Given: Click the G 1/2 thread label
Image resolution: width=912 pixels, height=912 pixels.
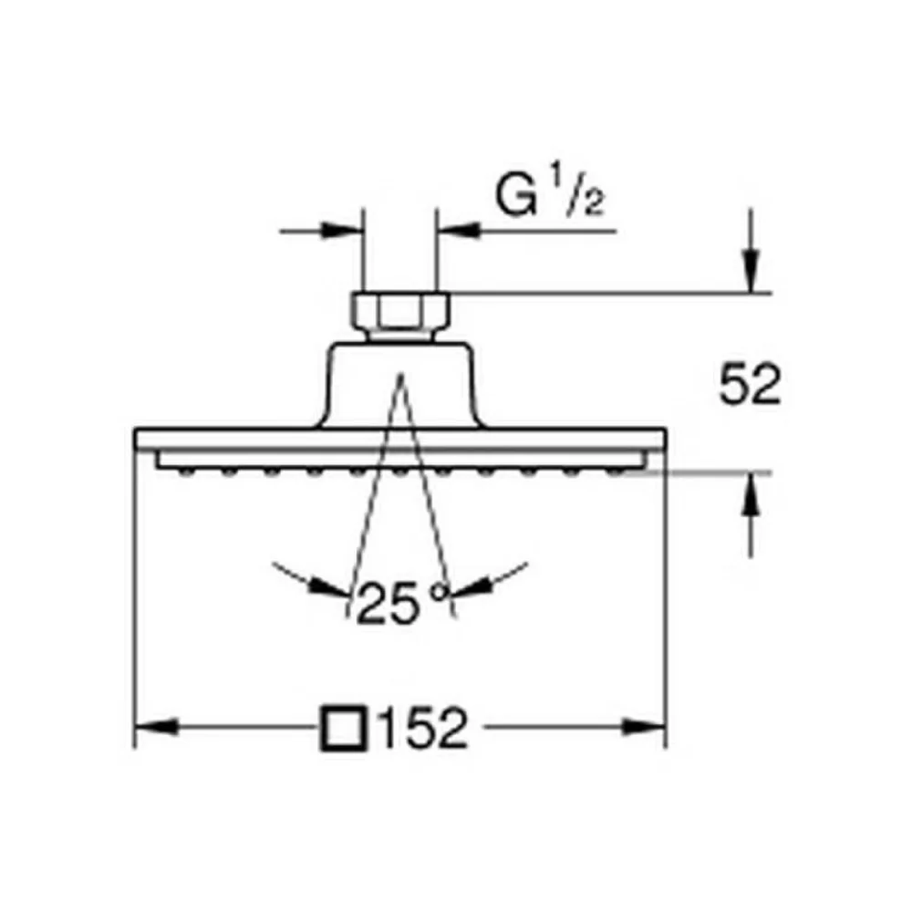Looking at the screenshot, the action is click(549, 195).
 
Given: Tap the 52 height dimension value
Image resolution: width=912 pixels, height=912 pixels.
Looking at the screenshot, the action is click(750, 384).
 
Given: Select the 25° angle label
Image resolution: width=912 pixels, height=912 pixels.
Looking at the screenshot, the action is click(402, 601).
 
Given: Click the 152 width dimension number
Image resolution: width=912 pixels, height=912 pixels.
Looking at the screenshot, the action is click(423, 728).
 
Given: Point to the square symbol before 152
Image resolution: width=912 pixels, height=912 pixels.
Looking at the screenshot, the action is click(345, 728).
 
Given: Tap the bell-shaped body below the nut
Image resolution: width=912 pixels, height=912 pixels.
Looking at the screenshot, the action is click(399, 385).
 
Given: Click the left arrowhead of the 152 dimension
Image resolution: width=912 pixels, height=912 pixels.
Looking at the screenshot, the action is click(156, 727).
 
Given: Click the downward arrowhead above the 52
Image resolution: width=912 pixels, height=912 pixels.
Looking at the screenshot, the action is click(751, 271).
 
